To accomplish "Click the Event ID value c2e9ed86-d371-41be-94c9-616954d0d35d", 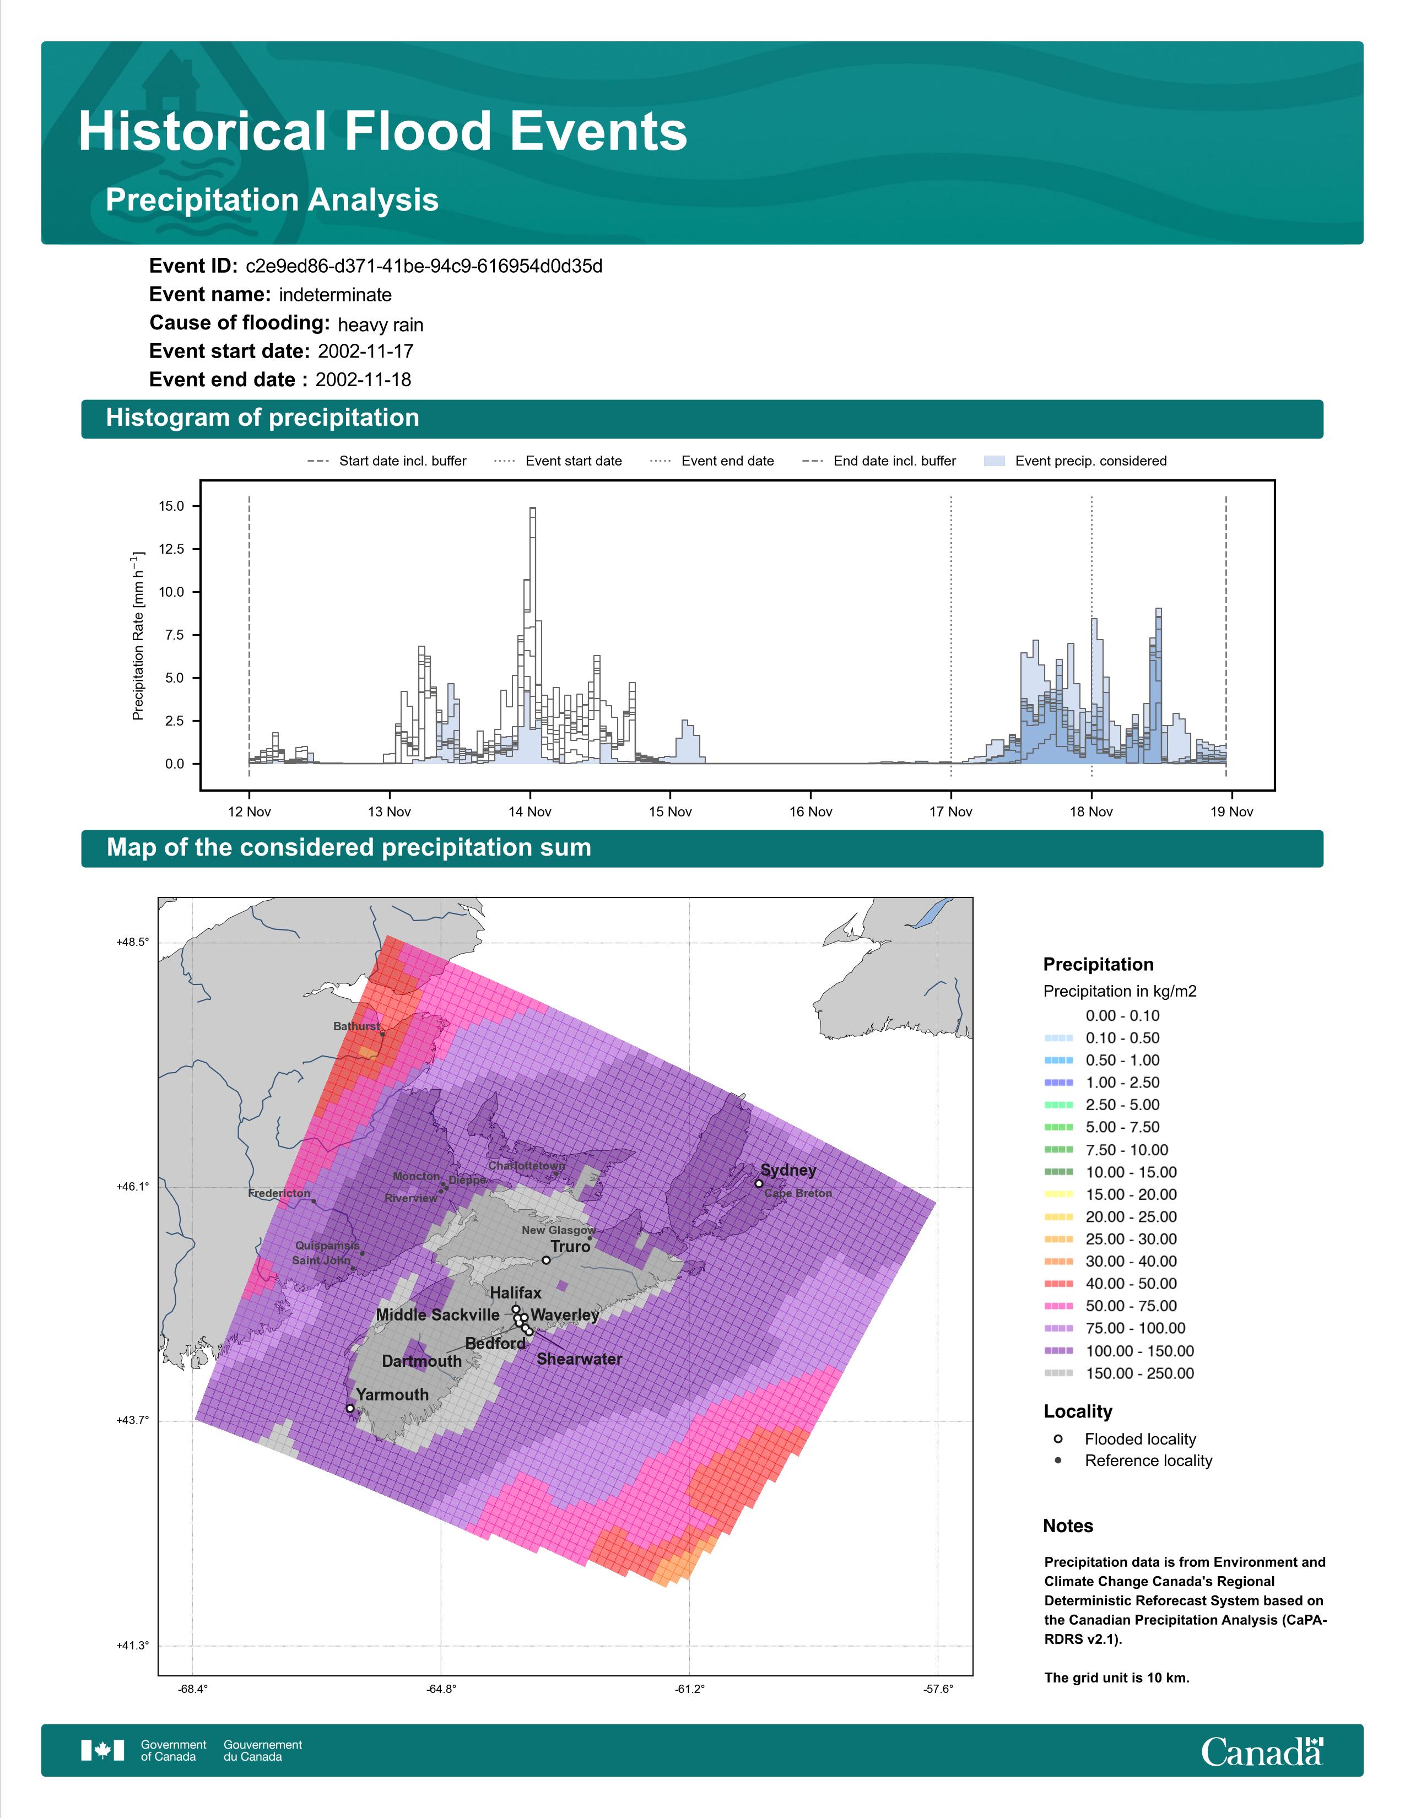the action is (424, 267).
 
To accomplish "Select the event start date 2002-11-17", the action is (365, 351).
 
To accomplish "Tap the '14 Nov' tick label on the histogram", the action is (530, 811).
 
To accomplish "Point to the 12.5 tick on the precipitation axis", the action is (171, 549).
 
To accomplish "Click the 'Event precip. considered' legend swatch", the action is (995, 461).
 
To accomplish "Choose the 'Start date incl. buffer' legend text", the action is (403, 461).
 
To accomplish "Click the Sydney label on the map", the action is (788, 1170).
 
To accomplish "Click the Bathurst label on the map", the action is (357, 1026).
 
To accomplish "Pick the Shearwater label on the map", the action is (579, 1359).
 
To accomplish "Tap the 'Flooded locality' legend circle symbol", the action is (1058, 1438).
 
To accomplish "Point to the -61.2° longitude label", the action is (689, 1689).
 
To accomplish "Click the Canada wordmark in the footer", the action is (1262, 1752).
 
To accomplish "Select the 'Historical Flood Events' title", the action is (383, 132).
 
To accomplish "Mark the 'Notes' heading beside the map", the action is (1068, 1526).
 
